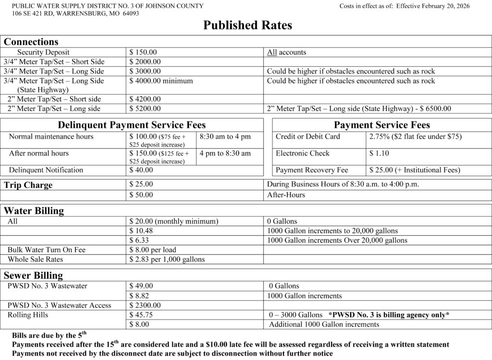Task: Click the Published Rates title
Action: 247,25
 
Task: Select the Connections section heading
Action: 31,42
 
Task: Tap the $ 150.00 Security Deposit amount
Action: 143,52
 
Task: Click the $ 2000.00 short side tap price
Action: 145,62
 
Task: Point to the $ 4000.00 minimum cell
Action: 161,81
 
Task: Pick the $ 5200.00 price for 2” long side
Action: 145,109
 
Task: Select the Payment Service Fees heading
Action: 382,125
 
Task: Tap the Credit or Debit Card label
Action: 307,137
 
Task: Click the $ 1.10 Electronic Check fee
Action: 379,154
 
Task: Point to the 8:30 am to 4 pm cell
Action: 225,137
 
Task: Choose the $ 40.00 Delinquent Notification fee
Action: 141,170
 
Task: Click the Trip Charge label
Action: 28,185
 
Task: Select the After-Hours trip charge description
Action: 286,195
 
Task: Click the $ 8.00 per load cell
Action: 153,250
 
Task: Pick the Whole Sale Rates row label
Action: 36,260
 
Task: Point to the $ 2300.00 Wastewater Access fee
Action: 145,305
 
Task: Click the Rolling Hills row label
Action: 28,315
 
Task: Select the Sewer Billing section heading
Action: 34,276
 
